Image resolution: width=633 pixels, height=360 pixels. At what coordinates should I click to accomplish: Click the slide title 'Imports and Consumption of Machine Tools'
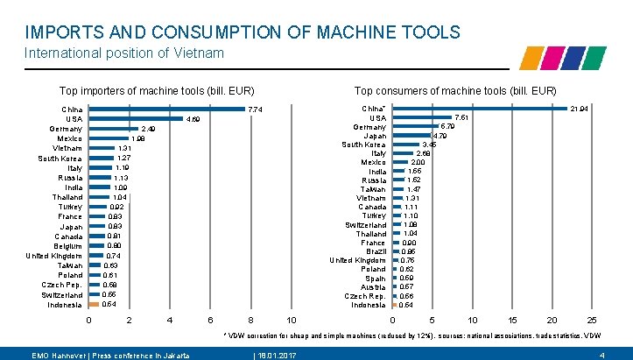coord(243,32)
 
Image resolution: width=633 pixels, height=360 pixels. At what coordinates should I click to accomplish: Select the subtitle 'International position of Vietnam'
coord(124,53)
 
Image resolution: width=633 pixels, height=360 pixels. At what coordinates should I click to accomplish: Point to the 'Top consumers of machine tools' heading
coord(454,91)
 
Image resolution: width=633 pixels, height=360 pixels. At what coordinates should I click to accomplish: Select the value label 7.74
coord(256,109)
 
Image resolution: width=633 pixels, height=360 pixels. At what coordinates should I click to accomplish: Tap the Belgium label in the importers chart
coord(68,246)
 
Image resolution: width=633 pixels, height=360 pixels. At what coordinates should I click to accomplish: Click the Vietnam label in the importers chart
coord(67,148)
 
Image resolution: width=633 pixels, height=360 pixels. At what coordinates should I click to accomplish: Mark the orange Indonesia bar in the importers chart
coord(94,305)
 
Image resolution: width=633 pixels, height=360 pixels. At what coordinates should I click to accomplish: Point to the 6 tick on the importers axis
coord(210,320)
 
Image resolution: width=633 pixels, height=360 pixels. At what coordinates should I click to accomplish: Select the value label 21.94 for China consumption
coord(579,109)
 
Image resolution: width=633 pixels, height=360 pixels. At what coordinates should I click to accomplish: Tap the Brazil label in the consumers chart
coord(373,251)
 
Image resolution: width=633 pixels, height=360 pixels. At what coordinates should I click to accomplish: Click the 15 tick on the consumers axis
coord(513,320)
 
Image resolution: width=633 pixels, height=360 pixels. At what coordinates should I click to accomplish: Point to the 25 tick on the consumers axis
coord(592,320)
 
